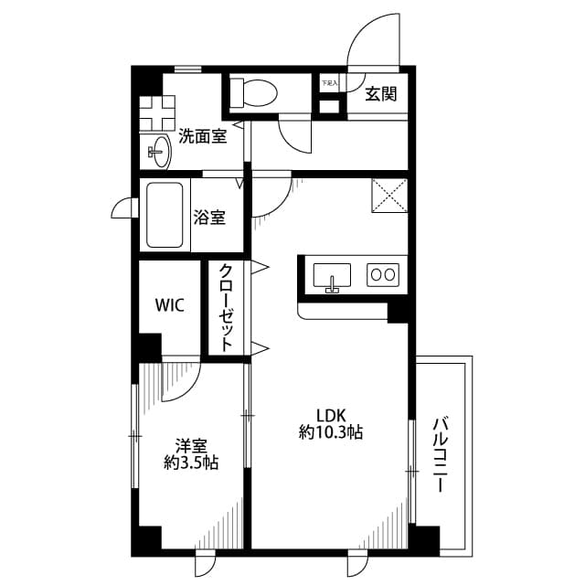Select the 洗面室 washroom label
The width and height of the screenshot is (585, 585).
point(203,137)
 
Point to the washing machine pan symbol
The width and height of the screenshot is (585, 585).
point(157,112)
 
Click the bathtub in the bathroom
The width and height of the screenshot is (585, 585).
point(166,216)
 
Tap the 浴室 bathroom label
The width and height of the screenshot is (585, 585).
point(209,218)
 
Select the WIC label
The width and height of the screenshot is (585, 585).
point(168,305)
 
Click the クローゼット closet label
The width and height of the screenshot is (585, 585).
point(224,308)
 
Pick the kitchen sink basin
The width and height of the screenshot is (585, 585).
point(332,275)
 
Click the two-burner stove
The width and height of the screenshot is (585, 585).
point(382,274)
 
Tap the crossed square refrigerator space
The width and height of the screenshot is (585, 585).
point(389,196)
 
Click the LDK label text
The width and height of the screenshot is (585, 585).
point(330,412)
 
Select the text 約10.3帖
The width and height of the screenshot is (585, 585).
point(330,431)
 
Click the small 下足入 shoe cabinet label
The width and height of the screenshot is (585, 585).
point(328,83)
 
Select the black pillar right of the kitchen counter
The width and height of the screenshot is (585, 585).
point(398,312)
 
